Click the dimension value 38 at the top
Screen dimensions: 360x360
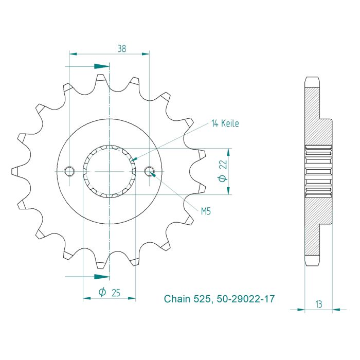tap(121, 49)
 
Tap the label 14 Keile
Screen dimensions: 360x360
tap(225, 123)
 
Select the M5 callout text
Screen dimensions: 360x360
tap(206, 211)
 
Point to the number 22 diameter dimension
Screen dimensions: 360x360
tap(223, 164)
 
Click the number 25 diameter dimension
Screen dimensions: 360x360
tap(116, 293)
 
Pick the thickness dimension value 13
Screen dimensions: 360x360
tap(319, 304)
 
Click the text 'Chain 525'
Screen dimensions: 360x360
tap(186, 299)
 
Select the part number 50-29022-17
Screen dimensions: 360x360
tap(244, 299)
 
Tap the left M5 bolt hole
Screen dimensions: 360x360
tap(69, 171)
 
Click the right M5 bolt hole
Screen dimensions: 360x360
tap(149, 171)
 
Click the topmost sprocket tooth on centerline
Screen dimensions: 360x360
tap(102, 80)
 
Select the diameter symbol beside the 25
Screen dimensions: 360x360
tap(102, 293)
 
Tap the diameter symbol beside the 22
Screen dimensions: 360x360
tap(223, 178)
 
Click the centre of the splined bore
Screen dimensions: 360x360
tap(109, 171)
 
